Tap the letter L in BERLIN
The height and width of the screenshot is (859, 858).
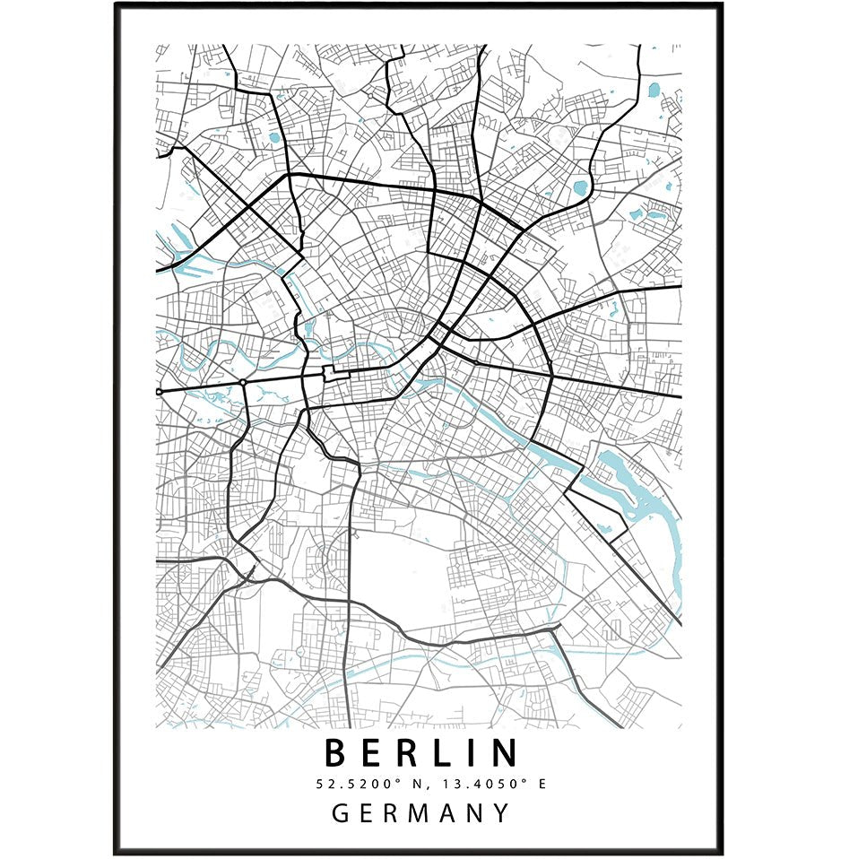(x=442, y=753)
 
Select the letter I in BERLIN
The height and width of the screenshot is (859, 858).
(x=472, y=753)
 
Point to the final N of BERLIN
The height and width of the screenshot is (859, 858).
(x=503, y=753)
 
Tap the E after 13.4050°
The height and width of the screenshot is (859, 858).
(x=542, y=784)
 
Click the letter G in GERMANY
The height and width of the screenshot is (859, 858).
(x=342, y=813)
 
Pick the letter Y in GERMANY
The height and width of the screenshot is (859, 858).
(x=500, y=813)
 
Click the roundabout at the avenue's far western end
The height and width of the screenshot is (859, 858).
(x=159, y=392)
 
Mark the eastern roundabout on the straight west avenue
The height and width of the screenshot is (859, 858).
(x=243, y=383)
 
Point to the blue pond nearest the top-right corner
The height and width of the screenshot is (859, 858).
(x=654, y=90)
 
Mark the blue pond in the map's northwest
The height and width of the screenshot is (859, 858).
(x=274, y=138)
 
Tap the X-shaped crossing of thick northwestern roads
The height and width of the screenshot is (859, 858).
(x=289, y=176)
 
